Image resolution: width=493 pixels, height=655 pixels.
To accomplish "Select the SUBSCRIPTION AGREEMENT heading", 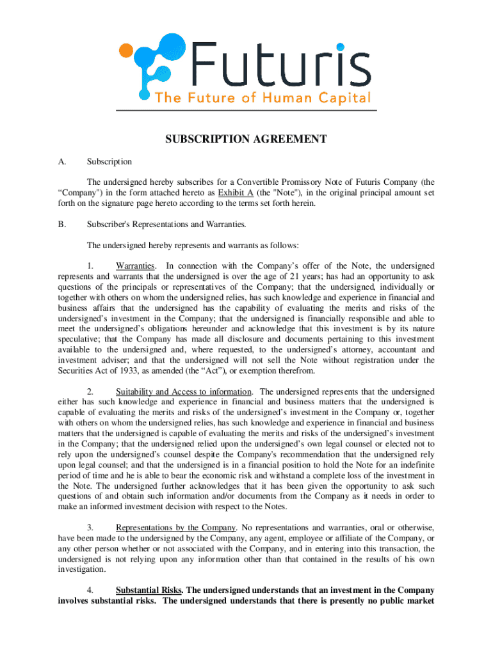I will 247,139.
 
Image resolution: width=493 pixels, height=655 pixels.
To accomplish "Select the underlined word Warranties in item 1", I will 135,265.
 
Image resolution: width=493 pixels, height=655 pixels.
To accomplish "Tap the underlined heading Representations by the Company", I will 175,527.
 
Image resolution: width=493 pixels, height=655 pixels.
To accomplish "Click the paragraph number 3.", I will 91,527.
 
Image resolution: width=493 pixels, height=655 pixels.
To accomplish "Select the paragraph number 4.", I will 91,590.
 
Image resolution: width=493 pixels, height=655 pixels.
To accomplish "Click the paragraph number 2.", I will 91,391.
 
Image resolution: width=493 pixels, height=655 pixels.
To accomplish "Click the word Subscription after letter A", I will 109,162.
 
